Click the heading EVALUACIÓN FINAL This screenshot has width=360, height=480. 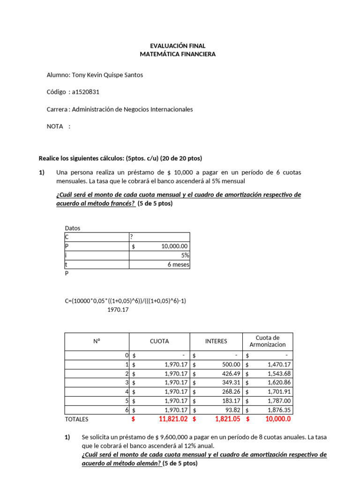point(178,46)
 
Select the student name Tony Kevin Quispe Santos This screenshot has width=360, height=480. point(107,75)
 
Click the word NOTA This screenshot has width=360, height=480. point(55,127)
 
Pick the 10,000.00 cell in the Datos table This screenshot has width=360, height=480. point(174,247)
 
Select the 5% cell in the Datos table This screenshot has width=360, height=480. point(185,255)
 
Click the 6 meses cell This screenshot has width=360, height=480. point(178,264)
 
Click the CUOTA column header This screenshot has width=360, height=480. point(159,341)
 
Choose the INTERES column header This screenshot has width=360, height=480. point(216,341)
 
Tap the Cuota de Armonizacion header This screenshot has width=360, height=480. point(268,341)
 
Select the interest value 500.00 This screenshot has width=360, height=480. point(230,364)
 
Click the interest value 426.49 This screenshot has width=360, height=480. point(230,374)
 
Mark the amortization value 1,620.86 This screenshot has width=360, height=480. point(279,382)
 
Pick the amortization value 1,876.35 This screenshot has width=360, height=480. point(279,410)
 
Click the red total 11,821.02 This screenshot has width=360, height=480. point(173,419)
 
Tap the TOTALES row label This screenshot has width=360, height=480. point(76,419)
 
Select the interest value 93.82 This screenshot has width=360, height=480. point(232,410)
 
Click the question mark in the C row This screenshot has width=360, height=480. point(132,237)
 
